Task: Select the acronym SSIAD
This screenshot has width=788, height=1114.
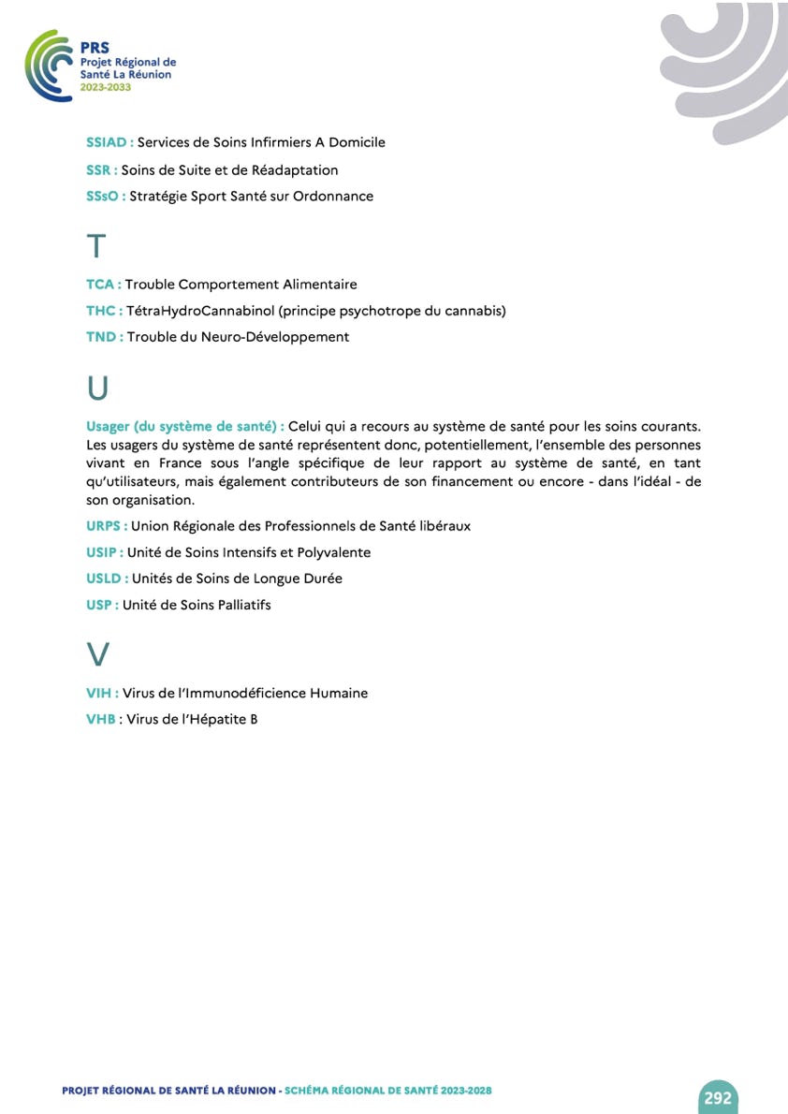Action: click(x=107, y=142)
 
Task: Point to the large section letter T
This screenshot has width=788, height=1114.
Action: click(x=95, y=246)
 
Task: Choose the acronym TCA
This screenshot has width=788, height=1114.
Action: click(x=100, y=284)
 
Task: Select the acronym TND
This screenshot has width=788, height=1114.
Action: click(x=101, y=337)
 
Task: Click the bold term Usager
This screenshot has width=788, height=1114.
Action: click(x=109, y=427)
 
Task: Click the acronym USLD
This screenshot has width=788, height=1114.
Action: click(x=103, y=579)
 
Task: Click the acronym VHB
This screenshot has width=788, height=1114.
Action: click(x=99, y=720)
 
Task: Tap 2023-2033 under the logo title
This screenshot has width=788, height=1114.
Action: click(x=106, y=86)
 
